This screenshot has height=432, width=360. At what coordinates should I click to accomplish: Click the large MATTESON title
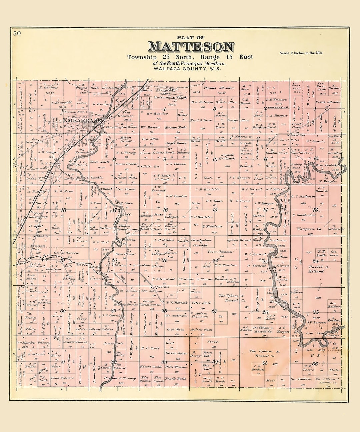click(191, 47)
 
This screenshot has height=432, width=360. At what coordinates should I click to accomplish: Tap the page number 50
click(17, 33)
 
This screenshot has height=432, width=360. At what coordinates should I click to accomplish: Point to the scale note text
click(301, 53)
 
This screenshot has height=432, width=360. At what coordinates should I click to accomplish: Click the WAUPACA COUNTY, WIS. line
click(187, 69)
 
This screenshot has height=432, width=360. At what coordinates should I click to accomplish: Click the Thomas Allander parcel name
click(219, 88)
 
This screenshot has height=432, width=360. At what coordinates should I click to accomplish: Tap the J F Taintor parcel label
click(176, 196)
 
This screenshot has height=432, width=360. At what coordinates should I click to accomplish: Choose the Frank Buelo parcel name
click(176, 379)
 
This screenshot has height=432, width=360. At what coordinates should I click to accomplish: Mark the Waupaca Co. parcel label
click(309, 229)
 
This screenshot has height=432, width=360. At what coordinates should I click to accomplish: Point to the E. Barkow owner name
click(48, 88)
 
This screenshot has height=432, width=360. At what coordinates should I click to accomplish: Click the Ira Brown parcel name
click(126, 189)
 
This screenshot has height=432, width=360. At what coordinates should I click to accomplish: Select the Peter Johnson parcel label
click(220, 252)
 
